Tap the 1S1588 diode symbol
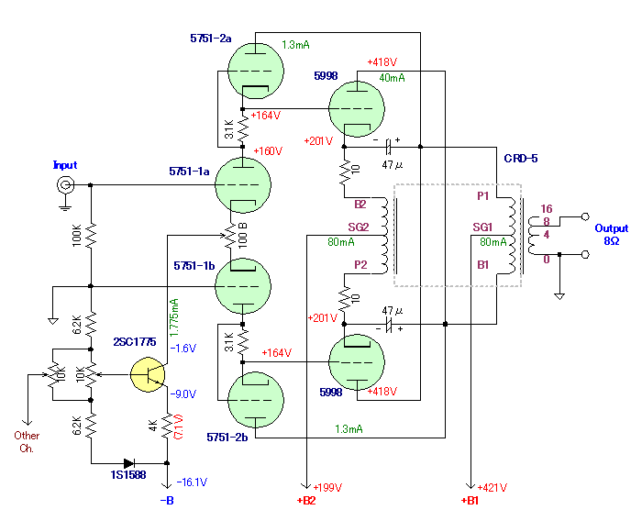pyautogui.click(x=129, y=463)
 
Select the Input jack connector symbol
pyautogui.click(x=65, y=185)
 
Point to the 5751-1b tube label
pyautogui.click(x=194, y=266)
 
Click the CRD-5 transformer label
pyautogui.click(x=521, y=159)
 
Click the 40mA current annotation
pyautogui.click(x=392, y=78)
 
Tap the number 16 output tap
pyautogui.click(x=547, y=209)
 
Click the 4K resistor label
pyautogui.click(x=153, y=426)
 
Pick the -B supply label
pyautogui.click(x=167, y=500)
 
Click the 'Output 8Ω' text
pyautogui.click(x=612, y=234)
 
